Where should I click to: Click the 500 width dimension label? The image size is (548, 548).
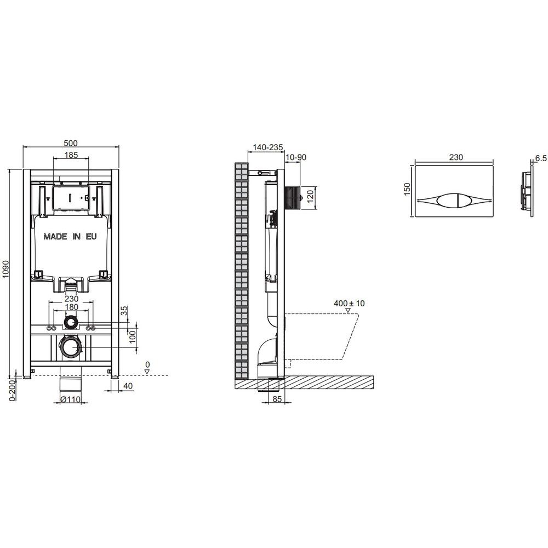coord(71,143)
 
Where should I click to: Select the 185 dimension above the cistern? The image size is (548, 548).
coord(71,155)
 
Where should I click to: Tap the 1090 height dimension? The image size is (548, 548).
coord(6,269)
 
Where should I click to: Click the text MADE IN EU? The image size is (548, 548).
coord(70,237)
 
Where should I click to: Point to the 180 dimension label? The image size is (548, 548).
coord(71,307)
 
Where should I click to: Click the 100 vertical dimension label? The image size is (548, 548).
coord(132,337)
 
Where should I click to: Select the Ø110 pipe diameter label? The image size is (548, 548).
coord(70,399)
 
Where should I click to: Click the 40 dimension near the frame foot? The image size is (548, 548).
coord(128,386)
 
